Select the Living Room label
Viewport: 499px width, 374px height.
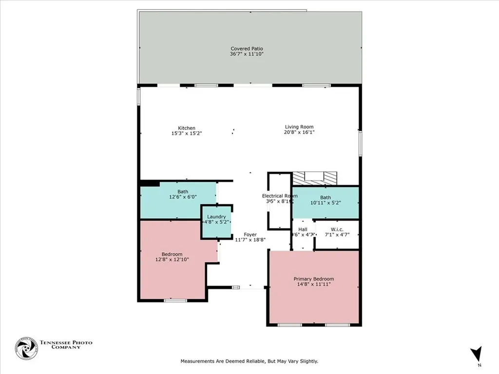click(x=299, y=127)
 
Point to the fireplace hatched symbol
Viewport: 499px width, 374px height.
click(x=314, y=178)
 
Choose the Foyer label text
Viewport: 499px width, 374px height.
click(x=250, y=235)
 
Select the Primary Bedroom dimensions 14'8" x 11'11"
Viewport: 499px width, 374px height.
click(x=313, y=284)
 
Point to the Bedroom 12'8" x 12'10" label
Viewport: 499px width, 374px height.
click(x=172, y=257)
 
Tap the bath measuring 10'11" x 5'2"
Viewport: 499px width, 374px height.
click(x=325, y=200)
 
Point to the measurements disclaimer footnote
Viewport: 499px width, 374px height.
click(x=249, y=361)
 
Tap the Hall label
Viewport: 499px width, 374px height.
click(x=303, y=229)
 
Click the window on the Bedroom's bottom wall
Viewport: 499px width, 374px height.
click(x=175, y=300)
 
